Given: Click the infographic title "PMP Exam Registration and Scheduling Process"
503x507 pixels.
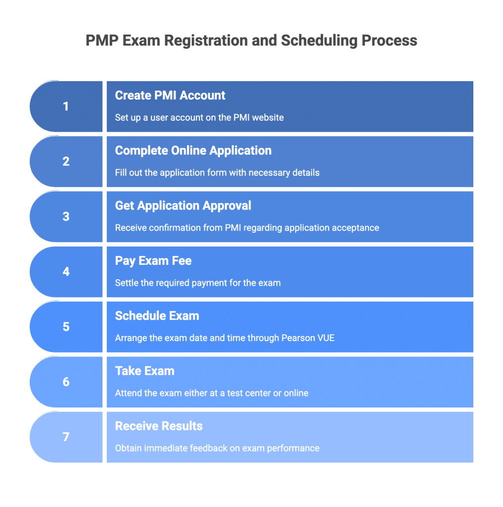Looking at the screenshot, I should pyautogui.click(x=251, y=40).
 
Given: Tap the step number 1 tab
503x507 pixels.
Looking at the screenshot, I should pyautogui.click(x=66, y=106).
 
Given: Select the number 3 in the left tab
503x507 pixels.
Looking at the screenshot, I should pyautogui.click(x=66, y=216).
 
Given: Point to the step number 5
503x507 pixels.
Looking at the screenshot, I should pyautogui.click(x=66, y=327).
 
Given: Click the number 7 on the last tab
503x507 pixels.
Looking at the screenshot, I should pyautogui.click(x=66, y=437).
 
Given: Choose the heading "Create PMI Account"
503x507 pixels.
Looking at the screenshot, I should pyautogui.click(x=170, y=96).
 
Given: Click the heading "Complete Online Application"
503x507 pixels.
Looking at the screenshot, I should pyautogui.click(x=193, y=151).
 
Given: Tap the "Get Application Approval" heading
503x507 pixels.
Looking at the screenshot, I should pyautogui.click(x=183, y=205).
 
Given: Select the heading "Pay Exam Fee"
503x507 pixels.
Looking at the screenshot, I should pyautogui.click(x=153, y=261).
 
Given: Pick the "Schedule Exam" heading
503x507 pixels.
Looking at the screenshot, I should pyautogui.click(x=157, y=316).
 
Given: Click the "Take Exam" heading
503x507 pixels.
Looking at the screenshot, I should pyautogui.click(x=144, y=371).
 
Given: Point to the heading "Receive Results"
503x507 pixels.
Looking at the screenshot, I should pyautogui.click(x=159, y=426).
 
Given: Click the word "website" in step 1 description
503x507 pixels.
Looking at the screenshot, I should pyautogui.click(x=267, y=118).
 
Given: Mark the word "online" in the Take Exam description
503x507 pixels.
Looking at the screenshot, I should pyautogui.click(x=296, y=393).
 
